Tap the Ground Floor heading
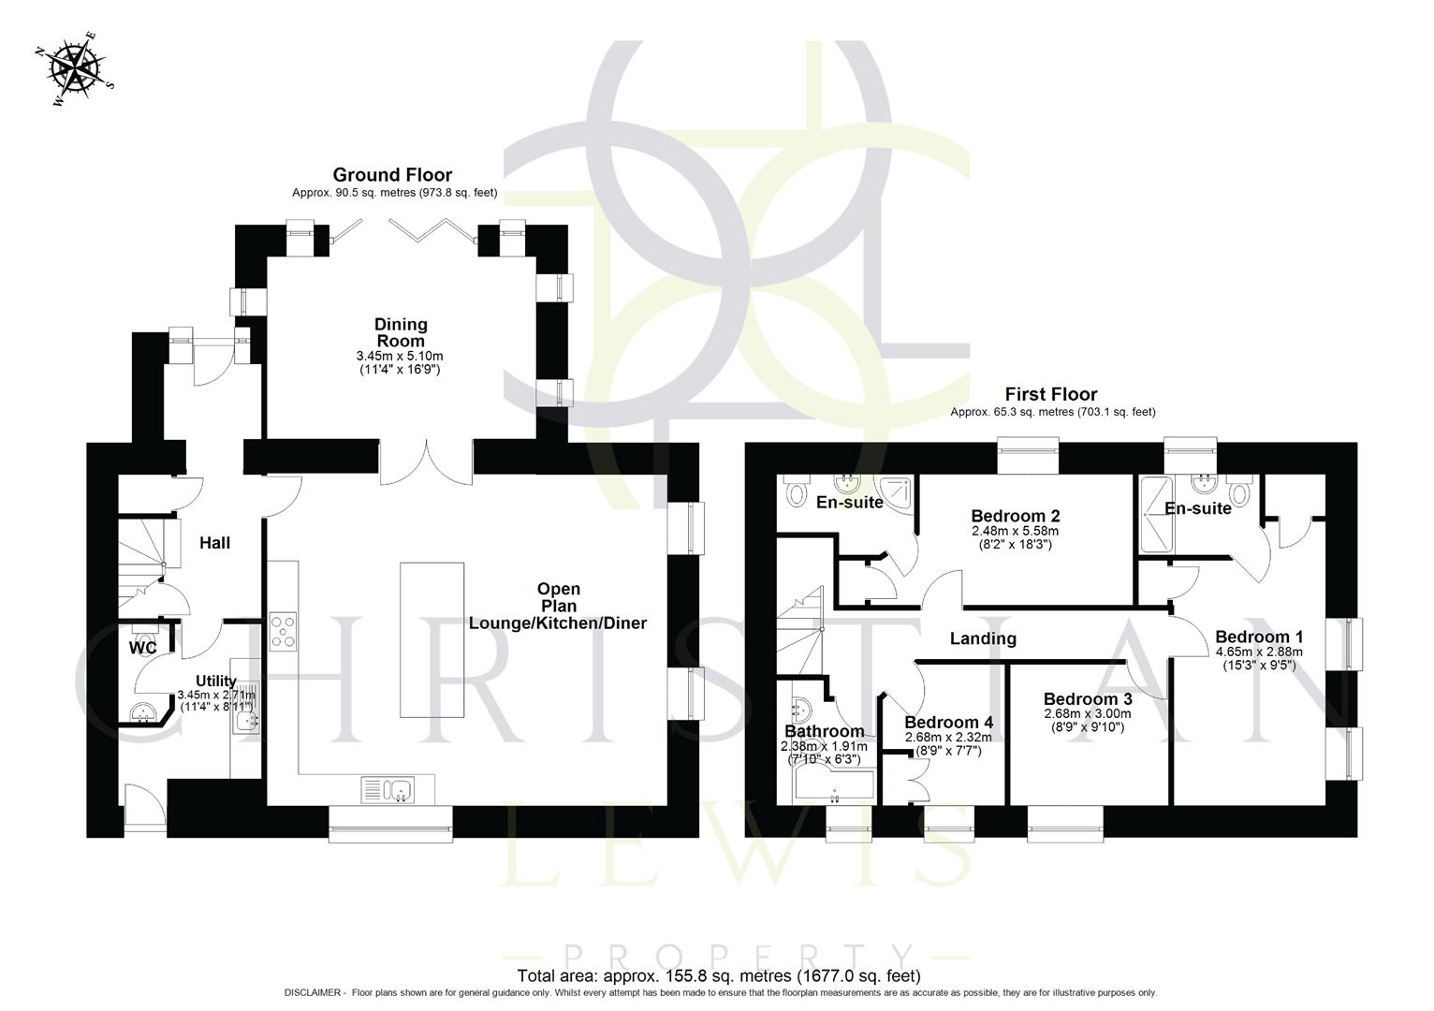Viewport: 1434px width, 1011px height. pyautogui.click(x=392, y=175)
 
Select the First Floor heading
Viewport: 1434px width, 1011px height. pyautogui.click(x=1050, y=394)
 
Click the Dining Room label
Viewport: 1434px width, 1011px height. pyautogui.click(x=401, y=332)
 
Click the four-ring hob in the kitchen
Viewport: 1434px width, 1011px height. pyautogui.click(x=283, y=630)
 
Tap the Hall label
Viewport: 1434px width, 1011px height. pyautogui.click(x=214, y=543)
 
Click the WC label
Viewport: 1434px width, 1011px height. pyautogui.click(x=142, y=647)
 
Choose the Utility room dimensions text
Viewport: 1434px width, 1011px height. pyautogui.click(x=216, y=701)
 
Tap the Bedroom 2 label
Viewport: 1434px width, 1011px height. pyautogui.click(x=1015, y=516)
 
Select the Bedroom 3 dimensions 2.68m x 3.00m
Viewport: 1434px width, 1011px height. pyautogui.click(x=1087, y=714)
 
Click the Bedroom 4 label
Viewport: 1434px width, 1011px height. pyautogui.click(x=948, y=722)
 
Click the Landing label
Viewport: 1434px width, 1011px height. pyautogui.click(x=983, y=638)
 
